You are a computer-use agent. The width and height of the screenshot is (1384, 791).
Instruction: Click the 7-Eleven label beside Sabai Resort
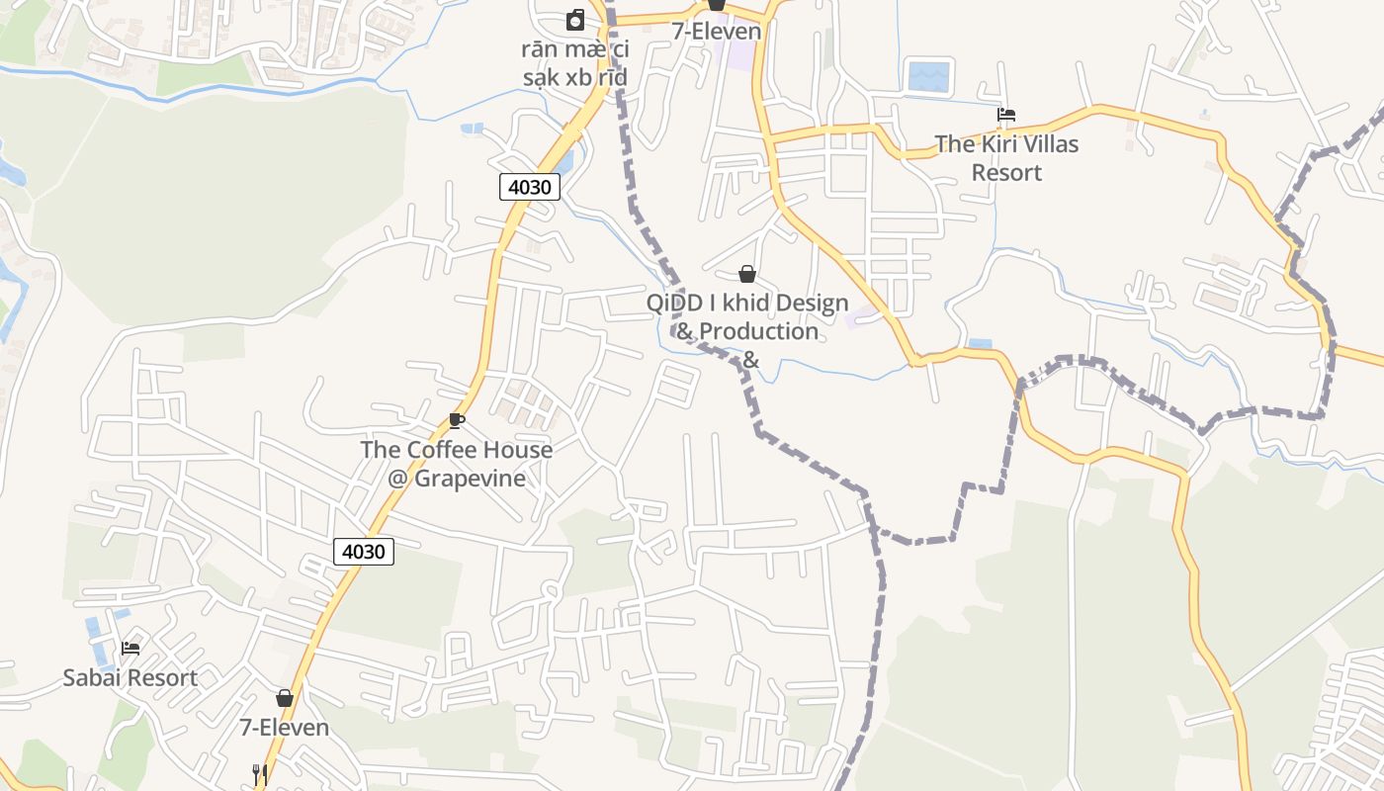pyautogui.click(x=284, y=728)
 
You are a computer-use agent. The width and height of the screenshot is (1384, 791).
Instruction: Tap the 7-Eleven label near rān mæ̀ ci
pyautogui.click(x=717, y=31)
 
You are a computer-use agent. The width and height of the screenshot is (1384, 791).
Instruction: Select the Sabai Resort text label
pyautogui.click(x=130, y=678)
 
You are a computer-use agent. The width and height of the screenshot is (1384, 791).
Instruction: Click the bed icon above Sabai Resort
pyautogui.click(x=130, y=649)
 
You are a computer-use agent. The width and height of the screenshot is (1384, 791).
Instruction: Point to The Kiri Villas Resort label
pyautogui.click(x=1006, y=158)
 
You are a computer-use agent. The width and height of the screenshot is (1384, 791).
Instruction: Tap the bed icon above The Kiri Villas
pyautogui.click(x=1006, y=115)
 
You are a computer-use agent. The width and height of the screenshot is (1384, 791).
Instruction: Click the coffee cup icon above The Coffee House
pyautogui.click(x=456, y=420)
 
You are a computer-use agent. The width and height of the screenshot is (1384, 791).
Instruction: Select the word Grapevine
pyautogui.click(x=470, y=479)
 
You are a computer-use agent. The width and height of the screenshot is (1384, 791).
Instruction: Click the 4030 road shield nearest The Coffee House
pyautogui.click(x=364, y=552)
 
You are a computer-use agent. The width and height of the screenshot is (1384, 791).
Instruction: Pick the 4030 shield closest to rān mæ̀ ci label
pyautogui.click(x=530, y=187)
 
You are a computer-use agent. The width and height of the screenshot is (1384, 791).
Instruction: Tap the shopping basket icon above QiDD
pyautogui.click(x=747, y=274)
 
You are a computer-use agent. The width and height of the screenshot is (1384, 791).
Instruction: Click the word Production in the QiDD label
pyautogui.click(x=760, y=331)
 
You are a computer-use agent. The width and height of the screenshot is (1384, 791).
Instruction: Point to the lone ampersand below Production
pyautogui.click(x=750, y=360)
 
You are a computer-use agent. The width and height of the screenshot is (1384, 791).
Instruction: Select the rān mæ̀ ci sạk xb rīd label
pyautogui.click(x=574, y=63)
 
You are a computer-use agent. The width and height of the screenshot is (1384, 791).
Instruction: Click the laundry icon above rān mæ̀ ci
pyautogui.click(x=574, y=20)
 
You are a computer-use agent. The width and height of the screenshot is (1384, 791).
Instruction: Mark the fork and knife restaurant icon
pyautogui.click(x=259, y=774)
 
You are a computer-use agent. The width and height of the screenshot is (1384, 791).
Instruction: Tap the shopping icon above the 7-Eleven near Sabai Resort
pyautogui.click(x=285, y=698)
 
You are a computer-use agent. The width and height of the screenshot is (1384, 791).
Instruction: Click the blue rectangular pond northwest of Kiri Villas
pyautogui.click(x=928, y=76)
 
